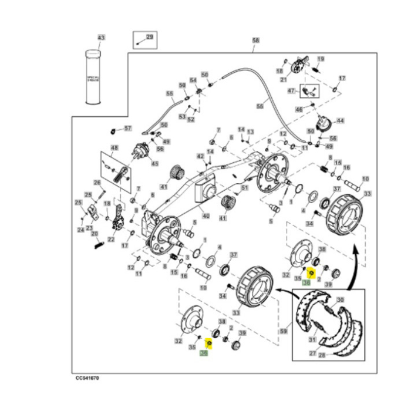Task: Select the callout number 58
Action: click(255, 40)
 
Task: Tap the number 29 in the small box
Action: click(149, 38)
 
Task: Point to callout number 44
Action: click(341, 120)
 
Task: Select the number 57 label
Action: click(129, 127)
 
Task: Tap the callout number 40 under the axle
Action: click(206, 215)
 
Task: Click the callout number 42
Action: click(200, 156)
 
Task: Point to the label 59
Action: click(284, 331)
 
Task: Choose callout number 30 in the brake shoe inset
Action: click(341, 300)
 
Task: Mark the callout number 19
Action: click(321, 59)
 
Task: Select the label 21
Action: click(283, 80)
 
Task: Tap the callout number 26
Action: click(97, 182)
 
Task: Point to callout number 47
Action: click(291, 90)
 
